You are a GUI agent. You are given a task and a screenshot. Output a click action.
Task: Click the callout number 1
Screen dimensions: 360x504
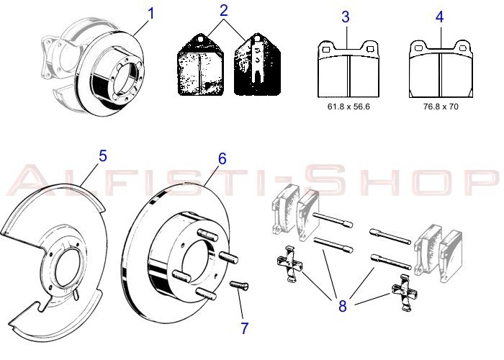tap(151, 13)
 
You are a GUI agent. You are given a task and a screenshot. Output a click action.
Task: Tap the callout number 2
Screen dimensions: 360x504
tap(224, 10)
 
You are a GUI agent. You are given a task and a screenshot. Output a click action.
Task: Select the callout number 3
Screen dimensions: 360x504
tap(346, 16)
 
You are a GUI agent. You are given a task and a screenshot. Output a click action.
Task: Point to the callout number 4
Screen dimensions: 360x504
tap(440, 16)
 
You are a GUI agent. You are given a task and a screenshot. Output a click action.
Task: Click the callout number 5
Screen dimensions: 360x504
tap(103, 156)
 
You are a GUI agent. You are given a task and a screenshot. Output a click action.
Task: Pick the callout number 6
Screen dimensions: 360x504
tap(222, 158)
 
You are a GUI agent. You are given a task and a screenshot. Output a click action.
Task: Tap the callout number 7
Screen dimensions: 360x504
tap(245, 328)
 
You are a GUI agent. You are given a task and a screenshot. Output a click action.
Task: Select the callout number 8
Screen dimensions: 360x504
tap(342, 305)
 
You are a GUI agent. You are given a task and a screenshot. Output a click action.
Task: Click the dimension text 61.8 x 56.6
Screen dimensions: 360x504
tap(348, 106)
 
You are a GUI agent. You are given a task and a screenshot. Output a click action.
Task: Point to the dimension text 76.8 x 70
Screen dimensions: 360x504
tap(440, 106)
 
